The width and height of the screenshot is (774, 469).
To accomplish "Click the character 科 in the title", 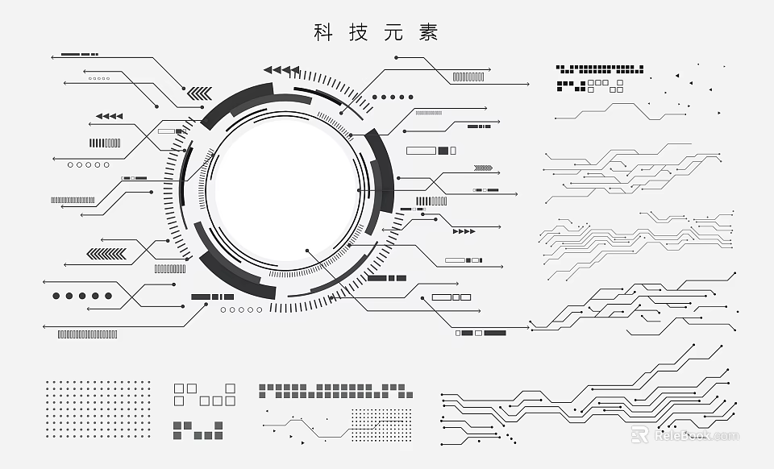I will [323, 33].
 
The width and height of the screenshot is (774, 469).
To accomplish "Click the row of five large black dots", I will [81, 296].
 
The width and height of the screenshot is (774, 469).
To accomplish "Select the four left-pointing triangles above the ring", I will [282, 70].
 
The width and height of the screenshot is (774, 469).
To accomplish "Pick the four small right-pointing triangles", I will [464, 232].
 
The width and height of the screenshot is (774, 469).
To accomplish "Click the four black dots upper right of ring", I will [393, 97].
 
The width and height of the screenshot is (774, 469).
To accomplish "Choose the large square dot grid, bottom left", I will [98, 409].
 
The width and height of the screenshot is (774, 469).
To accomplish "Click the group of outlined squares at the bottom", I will [205, 394].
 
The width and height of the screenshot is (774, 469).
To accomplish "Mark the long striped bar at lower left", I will [87, 334].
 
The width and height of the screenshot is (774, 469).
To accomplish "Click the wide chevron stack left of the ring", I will [106, 255].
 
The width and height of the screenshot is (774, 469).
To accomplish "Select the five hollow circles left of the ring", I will [88, 164].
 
